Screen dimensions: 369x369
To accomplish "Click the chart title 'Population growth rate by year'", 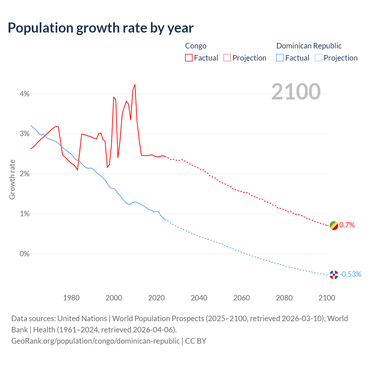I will click(101, 28).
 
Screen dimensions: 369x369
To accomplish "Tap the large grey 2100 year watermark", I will click(296, 92).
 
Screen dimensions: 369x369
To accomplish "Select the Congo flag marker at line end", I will click(334, 225).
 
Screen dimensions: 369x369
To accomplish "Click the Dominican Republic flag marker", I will click(334, 275).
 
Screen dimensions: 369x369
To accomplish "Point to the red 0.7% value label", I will click(347, 225).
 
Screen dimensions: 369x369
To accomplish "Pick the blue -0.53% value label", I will click(351, 274).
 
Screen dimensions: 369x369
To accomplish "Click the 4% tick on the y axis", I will click(25, 94).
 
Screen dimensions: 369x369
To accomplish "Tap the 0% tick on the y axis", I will click(25, 254).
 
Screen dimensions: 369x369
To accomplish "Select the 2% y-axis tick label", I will click(25, 174).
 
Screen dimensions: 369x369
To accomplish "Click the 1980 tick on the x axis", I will click(71, 298).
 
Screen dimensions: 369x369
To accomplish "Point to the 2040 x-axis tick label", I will click(199, 298).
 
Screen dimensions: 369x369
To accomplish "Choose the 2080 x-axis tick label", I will click(284, 298).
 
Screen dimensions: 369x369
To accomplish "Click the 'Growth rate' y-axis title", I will click(12, 179).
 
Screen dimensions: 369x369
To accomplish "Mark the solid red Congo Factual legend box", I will click(189, 58).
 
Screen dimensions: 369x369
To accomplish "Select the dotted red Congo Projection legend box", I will click(227, 58).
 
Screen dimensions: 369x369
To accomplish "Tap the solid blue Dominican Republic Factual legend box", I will click(280, 58).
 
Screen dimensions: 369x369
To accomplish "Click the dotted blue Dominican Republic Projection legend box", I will click(318, 58).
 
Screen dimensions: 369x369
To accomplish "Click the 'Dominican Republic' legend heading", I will click(309, 46).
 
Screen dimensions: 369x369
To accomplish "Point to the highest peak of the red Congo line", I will click(135, 85).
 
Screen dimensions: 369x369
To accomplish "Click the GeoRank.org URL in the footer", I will click(95, 341).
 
